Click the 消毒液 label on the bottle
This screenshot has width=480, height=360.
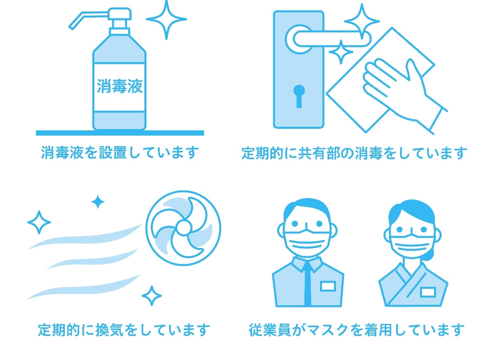pyautogui.click(x=120, y=86)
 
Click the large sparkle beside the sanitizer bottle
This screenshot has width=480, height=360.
pyautogui.click(x=166, y=20)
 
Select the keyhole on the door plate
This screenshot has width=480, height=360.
pyautogui.click(x=299, y=96)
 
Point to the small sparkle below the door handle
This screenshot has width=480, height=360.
pyautogui.click(x=341, y=52)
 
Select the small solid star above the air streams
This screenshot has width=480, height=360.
pyautogui.click(x=98, y=202)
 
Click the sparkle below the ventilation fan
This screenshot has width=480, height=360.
pyautogui.click(x=152, y=296)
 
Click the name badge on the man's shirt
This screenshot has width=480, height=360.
pyautogui.click(x=328, y=286)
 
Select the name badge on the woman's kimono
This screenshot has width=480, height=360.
pyautogui.click(x=428, y=292)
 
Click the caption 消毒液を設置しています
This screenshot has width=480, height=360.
pyautogui.click(x=120, y=152)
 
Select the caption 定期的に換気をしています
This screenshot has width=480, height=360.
pyautogui.click(x=124, y=330)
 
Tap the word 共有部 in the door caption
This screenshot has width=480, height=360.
pyautogui.click(x=319, y=153)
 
